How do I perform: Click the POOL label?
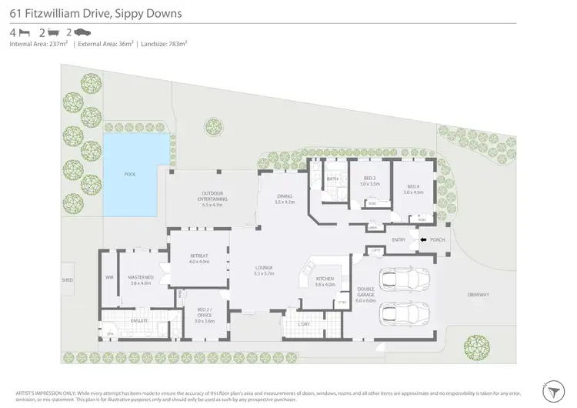[x=129, y=174]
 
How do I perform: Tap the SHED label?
[x=68, y=280]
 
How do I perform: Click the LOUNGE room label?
[x=265, y=270]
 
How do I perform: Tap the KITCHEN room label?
[x=325, y=282]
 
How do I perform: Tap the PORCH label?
[x=438, y=240]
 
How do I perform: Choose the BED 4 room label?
[x=414, y=189]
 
